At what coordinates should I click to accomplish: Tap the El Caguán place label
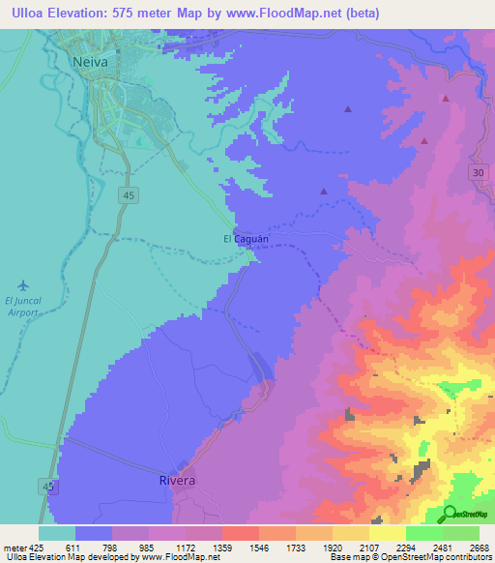click(x=246, y=238)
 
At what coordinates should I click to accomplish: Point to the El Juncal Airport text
click(x=23, y=306)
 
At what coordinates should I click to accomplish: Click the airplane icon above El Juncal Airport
click(x=23, y=285)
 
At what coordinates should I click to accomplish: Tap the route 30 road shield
click(x=479, y=171)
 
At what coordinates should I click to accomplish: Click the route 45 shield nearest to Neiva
click(x=129, y=194)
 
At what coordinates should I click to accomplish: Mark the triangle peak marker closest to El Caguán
click(x=323, y=192)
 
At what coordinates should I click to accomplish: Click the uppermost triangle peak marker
click(x=445, y=98)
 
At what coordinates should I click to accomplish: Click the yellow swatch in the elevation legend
click(x=387, y=533)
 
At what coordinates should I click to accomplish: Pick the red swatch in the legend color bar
click(x=240, y=533)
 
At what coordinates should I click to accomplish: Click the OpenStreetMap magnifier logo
click(x=450, y=514)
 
